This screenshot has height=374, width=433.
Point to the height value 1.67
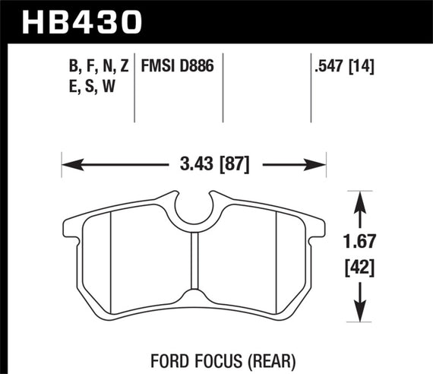[362, 243]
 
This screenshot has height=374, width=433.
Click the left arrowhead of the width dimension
[68, 163]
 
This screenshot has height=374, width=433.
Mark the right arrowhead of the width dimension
[320, 163]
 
